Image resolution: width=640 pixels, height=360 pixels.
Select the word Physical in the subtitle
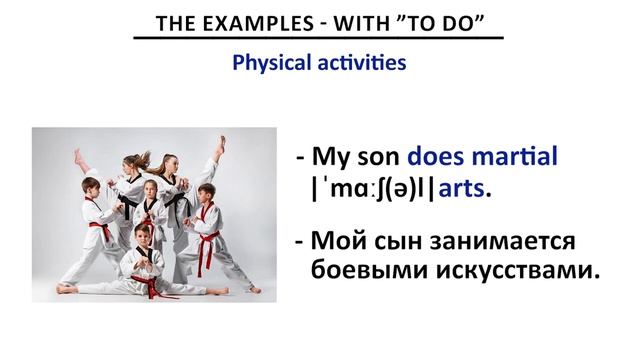coord(269,63)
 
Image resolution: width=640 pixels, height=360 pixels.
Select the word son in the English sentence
coord(376,157)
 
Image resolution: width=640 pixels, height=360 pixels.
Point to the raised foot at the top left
coord(79,155)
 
